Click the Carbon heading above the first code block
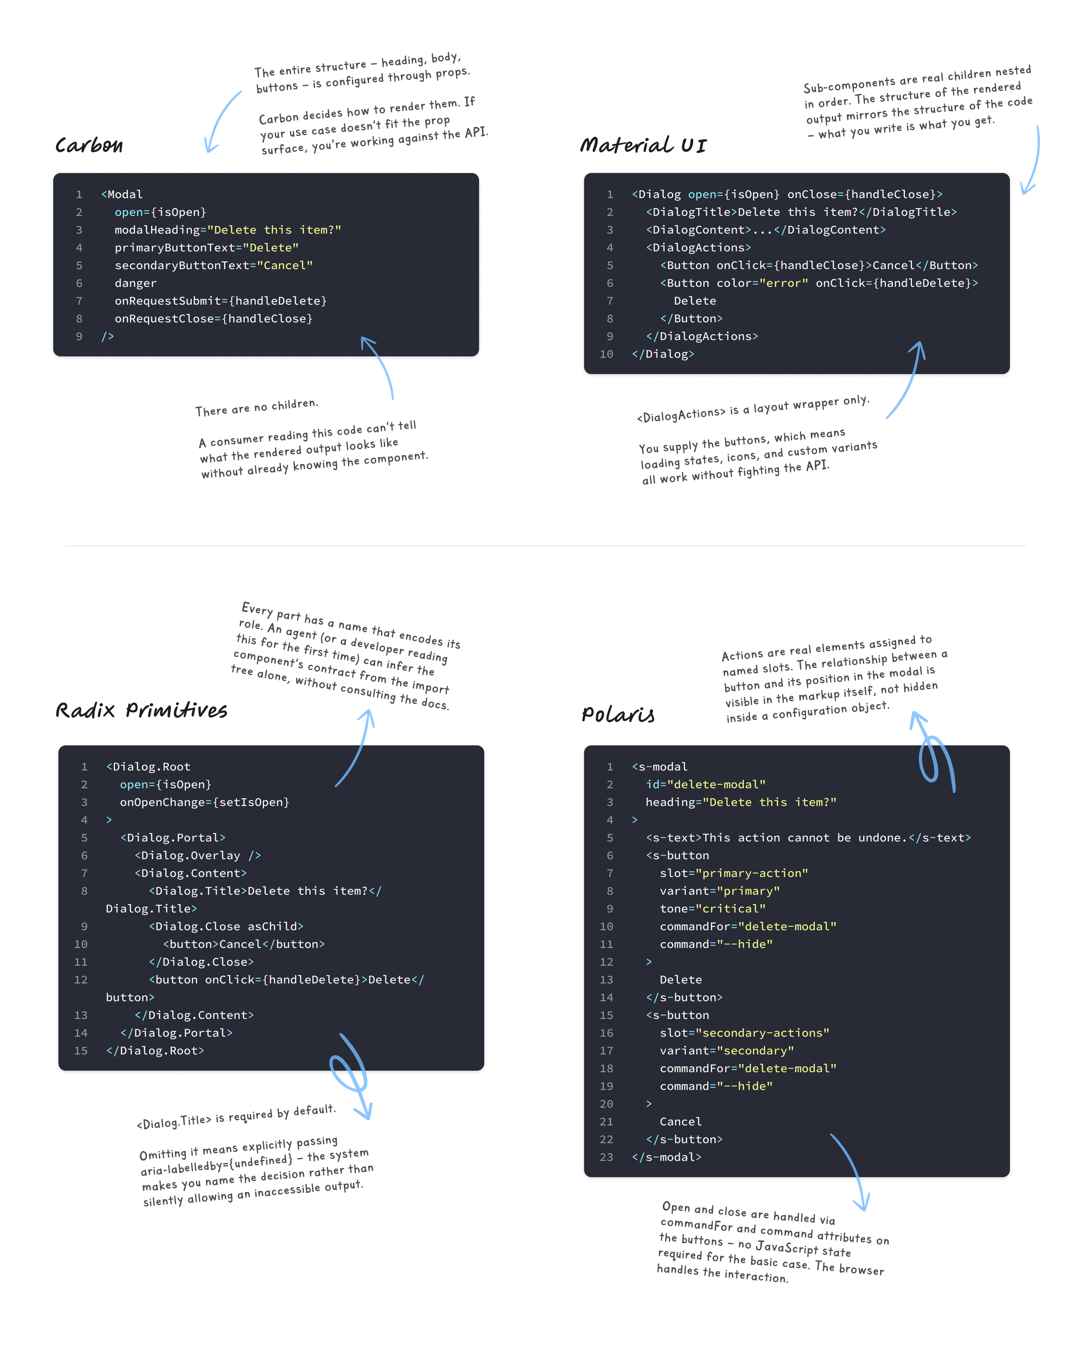(89, 145)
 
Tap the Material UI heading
(643, 145)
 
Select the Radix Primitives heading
(142, 710)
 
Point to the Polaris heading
(618, 715)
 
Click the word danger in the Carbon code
(135, 283)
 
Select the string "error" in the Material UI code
(784, 283)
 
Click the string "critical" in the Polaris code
(734, 909)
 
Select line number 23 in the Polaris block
(606, 1157)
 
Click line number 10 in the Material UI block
(606, 354)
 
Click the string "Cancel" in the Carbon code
(285, 265)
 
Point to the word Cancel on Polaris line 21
(681, 1122)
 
